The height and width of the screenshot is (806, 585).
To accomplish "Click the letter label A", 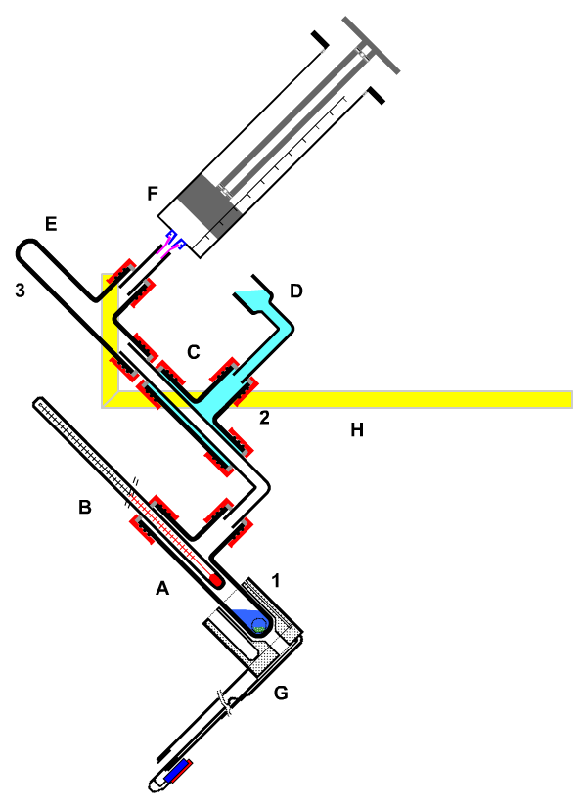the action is coord(162,588).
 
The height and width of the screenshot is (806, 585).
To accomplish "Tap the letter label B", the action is coord(85,507).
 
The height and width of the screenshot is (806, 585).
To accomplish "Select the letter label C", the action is coord(194,352).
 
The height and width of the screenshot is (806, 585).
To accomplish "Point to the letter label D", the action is coord(296,291).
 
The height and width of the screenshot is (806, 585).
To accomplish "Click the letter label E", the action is coord(51,224).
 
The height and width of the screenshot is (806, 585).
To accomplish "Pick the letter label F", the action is coord(153,194).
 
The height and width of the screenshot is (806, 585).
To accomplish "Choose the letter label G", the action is coord(281,693).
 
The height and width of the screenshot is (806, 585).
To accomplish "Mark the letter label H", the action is coord(357,429).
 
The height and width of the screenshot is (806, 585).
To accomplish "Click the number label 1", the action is coord(276,580).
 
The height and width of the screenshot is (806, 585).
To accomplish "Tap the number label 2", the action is coord(264,418).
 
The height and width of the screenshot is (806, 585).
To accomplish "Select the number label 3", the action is coord(20,291).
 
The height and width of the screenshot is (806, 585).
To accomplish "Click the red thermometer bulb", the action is coord(216,580).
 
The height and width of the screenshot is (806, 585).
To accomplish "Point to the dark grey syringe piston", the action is coord(209,206).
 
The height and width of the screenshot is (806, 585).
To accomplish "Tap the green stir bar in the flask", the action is coord(259,628).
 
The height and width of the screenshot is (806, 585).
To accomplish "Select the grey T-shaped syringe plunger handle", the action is coord(371,45).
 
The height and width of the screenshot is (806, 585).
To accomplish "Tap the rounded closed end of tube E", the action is coord(24,248).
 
